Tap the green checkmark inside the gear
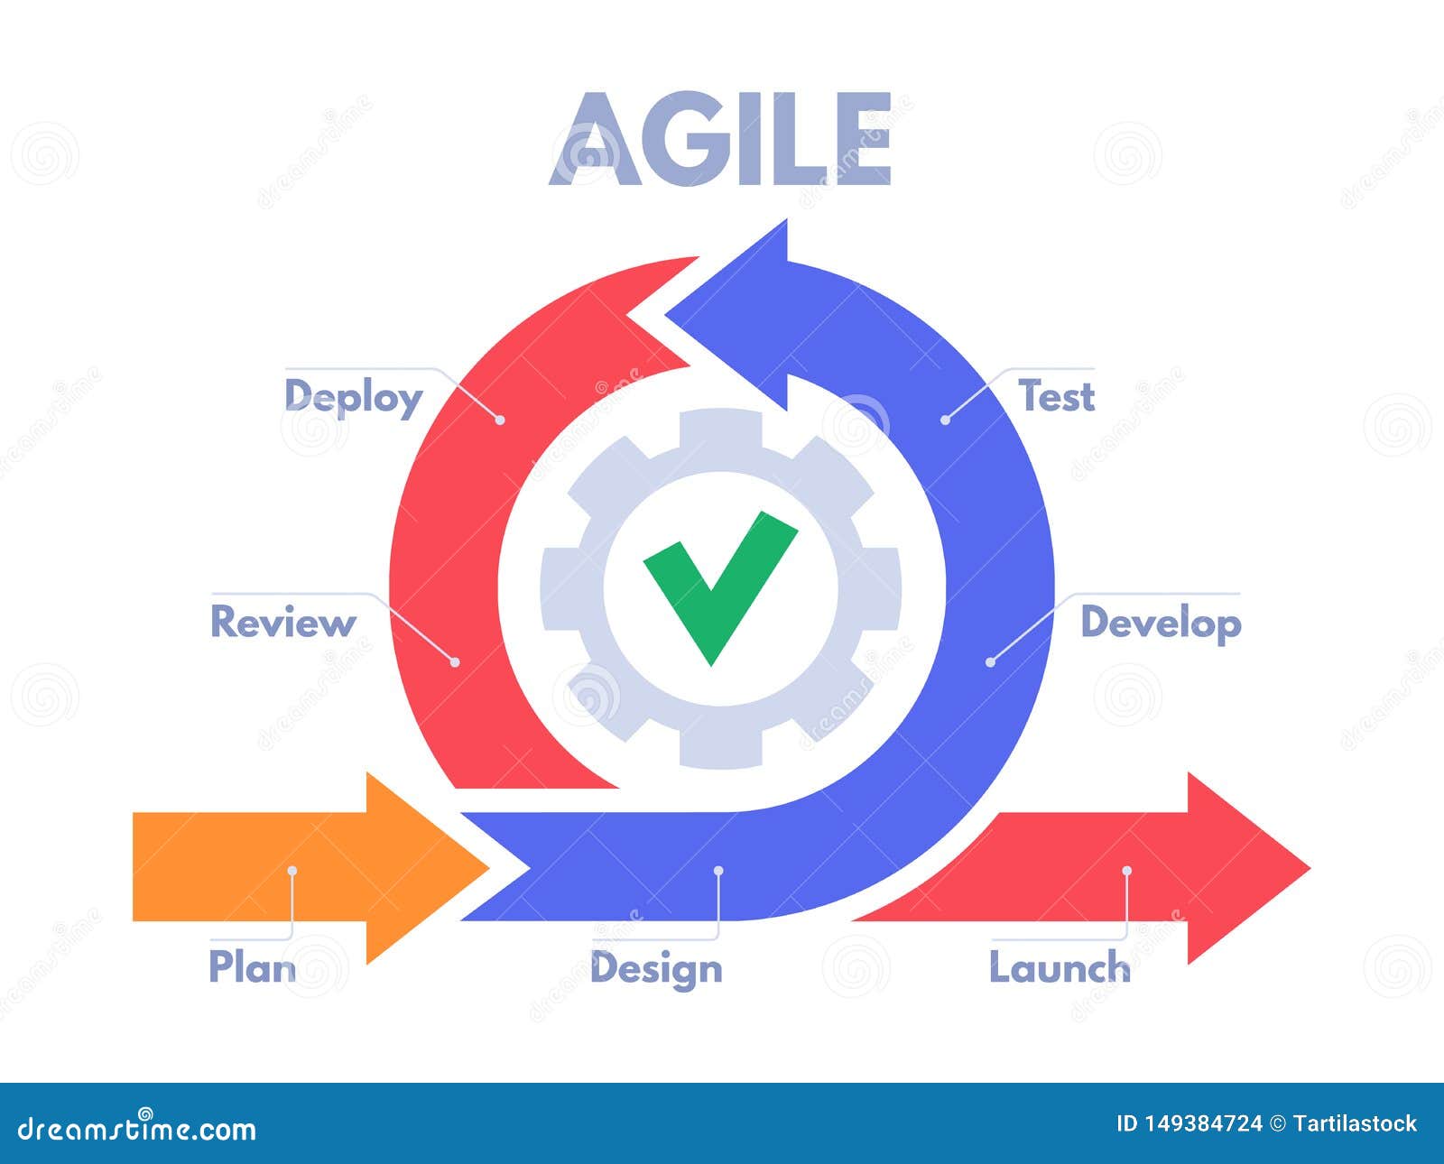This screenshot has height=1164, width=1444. [x=719, y=588]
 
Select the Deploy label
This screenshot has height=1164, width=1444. [x=354, y=398]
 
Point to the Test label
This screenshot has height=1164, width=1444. [x=1056, y=395]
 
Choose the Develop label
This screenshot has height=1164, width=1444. [x=1161, y=624]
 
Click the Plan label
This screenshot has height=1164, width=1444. [x=253, y=966]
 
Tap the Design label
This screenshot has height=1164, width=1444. [x=656, y=969]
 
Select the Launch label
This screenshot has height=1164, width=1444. [x=1060, y=966]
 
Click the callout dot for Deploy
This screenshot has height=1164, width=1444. [x=500, y=420]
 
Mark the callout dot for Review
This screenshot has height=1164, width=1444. [x=455, y=662]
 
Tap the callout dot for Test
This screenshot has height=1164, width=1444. [x=946, y=420]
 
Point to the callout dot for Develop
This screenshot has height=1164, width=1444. [x=990, y=662]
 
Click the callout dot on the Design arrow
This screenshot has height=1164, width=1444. [x=718, y=870]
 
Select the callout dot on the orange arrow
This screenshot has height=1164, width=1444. [x=292, y=870]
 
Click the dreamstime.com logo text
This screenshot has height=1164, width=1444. [x=137, y=1129]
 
